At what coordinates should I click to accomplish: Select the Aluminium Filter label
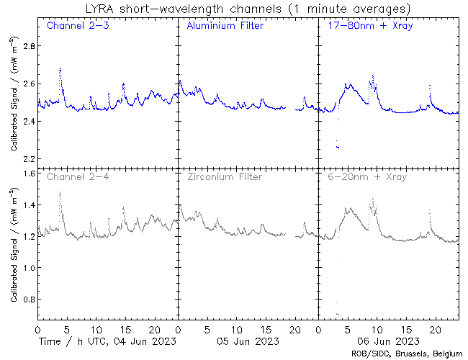pyautogui.click(x=225, y=27)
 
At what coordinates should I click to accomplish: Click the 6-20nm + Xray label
pyautogui.click(x=366, y=176)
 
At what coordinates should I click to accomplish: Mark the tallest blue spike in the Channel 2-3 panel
pyautogui.click(x=60, y=69)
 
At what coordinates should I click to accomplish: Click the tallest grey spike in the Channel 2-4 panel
pyautogui.click(x=60, y=193)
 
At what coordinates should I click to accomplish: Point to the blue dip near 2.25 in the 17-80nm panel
pyautogui.click(x=338, y=148)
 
